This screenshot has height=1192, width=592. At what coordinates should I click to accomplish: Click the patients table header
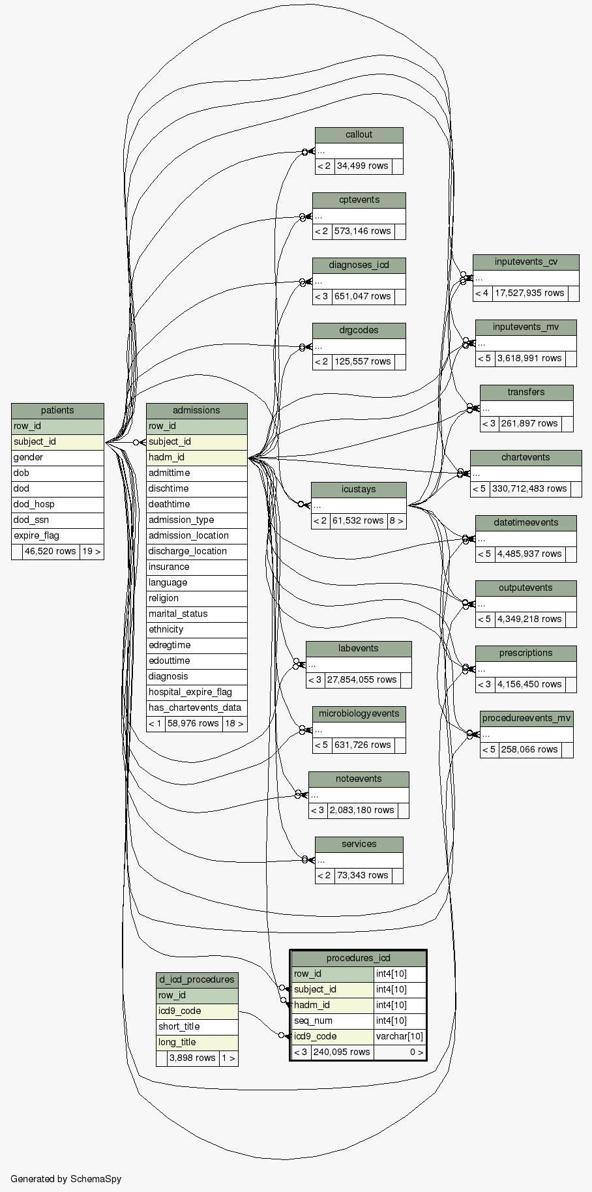point(57,410)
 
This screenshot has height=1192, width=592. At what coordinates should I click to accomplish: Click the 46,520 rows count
point(50,551)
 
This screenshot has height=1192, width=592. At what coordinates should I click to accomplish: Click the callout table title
point(359,135)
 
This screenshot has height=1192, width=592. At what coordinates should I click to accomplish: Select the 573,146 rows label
point(363,231)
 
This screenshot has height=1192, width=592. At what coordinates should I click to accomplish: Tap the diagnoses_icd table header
point(359,265)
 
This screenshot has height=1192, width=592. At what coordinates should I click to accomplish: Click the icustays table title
point(359,489)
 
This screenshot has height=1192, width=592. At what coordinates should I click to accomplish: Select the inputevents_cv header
point(525,262)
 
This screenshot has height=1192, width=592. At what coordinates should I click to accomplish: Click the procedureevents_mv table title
point(526,719)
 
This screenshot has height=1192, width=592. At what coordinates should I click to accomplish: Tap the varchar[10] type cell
point(400,1036)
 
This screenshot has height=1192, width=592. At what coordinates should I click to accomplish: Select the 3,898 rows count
point(192,1058)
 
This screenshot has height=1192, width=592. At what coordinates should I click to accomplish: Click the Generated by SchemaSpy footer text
point(66,1178)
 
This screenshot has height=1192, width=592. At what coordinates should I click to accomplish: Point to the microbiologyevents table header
point(359,713)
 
